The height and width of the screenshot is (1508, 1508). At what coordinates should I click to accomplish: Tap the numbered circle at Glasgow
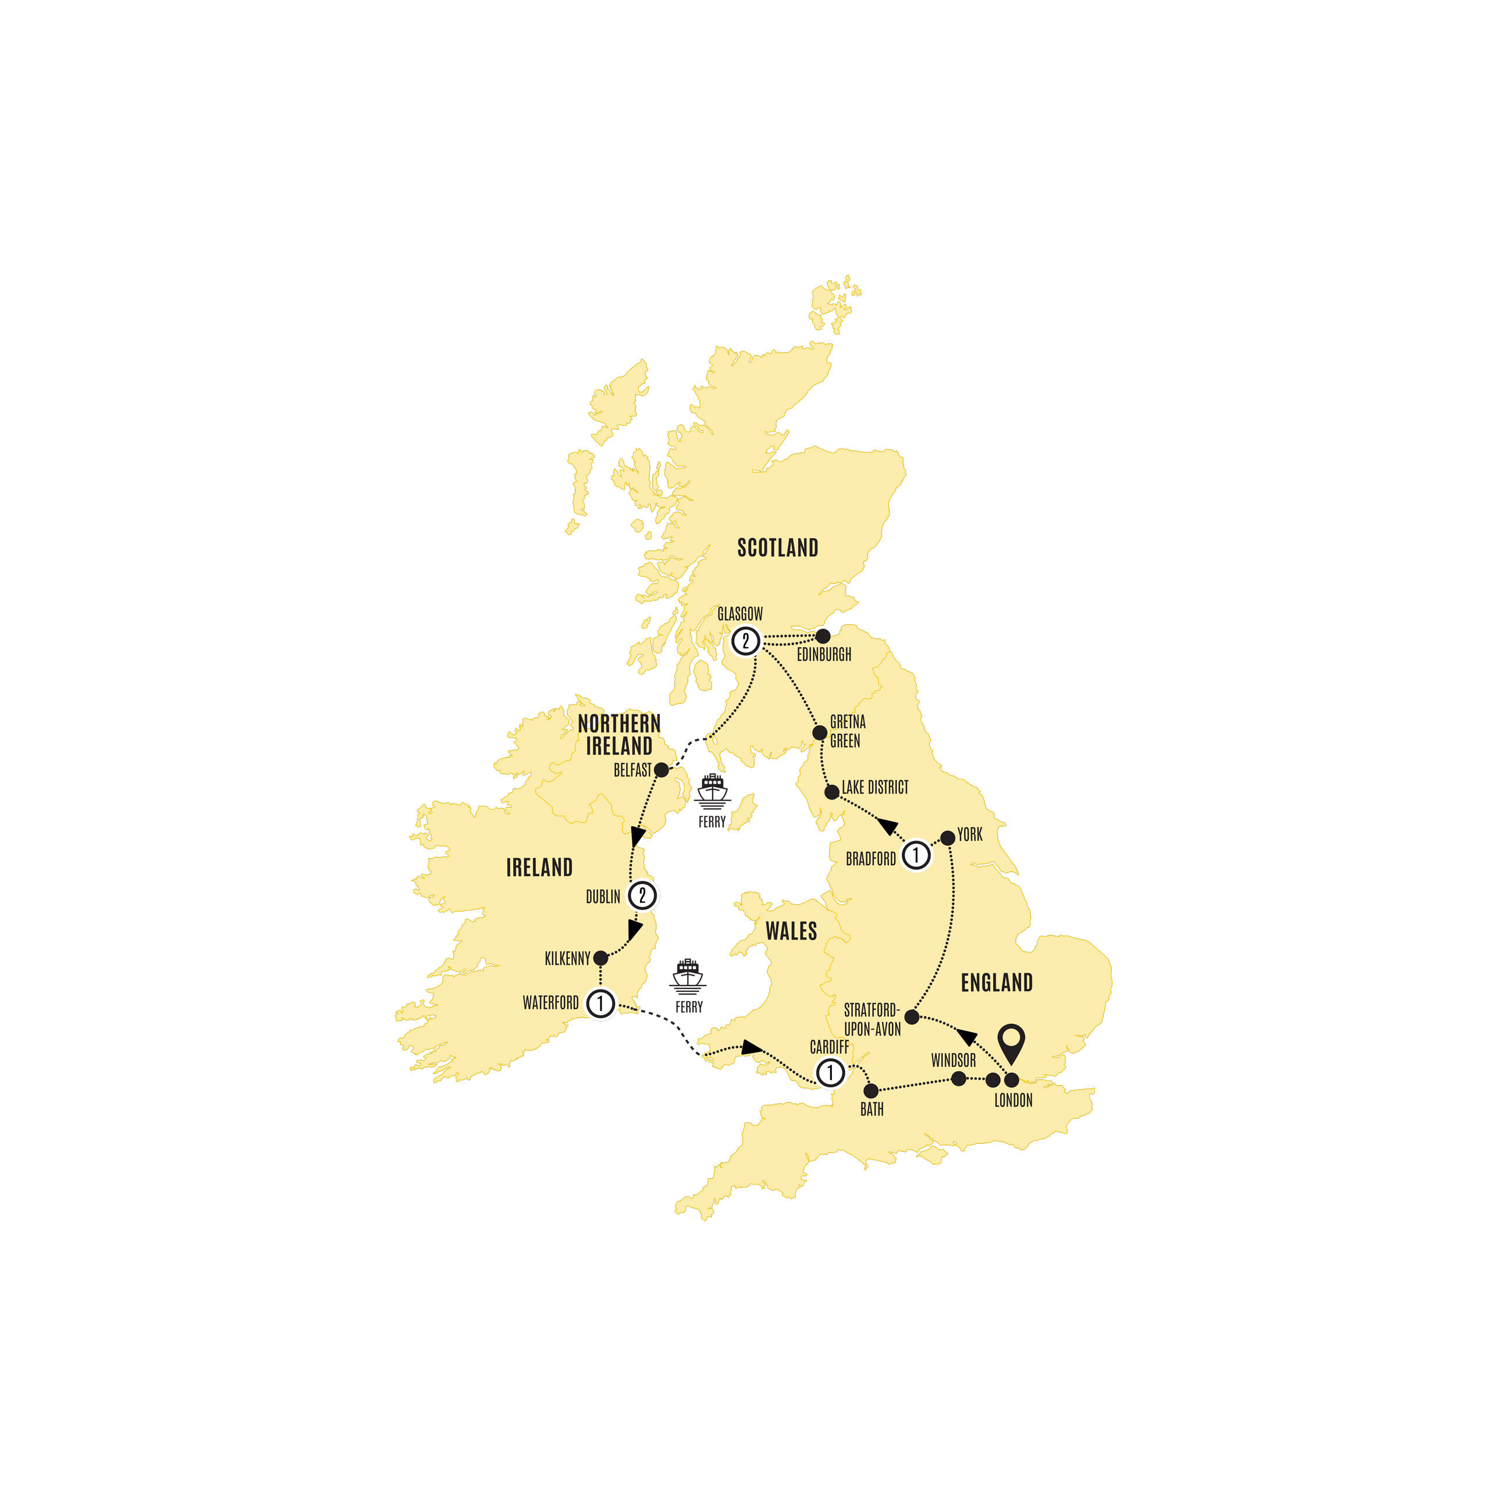point(745,642)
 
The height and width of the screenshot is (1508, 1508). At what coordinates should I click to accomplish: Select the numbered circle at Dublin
point(642,895)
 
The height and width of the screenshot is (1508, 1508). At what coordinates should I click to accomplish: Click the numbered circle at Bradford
point(916,855)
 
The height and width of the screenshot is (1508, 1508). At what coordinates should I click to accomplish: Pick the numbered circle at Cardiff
point(830,1072)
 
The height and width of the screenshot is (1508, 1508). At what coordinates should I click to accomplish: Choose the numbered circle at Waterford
point(600,1003)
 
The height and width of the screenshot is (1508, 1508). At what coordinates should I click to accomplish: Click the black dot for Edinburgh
point(823,636)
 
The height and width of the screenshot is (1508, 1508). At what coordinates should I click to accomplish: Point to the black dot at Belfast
point(661,770)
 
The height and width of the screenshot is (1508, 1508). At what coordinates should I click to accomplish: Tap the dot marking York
point(948,838)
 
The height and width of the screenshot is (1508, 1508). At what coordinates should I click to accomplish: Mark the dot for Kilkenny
point(600,958)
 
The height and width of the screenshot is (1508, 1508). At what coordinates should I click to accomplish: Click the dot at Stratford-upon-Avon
point(912,1016)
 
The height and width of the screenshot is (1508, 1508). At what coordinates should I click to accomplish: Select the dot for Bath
point(871,1090)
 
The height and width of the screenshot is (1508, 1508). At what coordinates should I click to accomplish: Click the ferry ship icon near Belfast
point(712,790)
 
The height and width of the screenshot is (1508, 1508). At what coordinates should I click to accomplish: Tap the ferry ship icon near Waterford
point(688,976)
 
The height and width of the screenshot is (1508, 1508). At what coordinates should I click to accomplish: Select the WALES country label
point(791,931)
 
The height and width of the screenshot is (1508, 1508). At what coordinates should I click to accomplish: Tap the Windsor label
point(953,1060)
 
